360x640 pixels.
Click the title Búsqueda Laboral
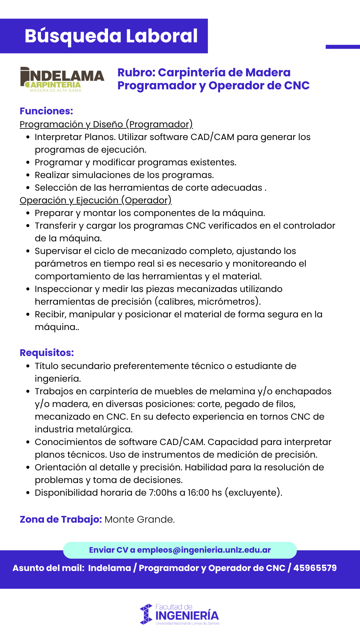(111, 36)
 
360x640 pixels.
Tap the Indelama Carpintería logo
(62, 79)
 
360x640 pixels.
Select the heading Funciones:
(46, 111)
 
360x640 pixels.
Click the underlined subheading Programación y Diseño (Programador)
(106, 124)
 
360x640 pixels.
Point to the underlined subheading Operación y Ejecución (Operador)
(95, 200)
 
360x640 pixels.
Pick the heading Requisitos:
(47, 353)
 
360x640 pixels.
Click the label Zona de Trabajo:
(61, 519)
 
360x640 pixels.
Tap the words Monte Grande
(139, 519)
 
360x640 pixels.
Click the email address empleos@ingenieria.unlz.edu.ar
(204, 550)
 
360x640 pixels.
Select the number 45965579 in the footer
(315, 568)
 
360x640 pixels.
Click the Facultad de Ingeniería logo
(180, 614)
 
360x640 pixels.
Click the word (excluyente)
(253, 493)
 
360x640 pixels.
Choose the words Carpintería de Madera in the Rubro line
(224, 72)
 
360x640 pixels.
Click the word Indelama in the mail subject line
(109, 568)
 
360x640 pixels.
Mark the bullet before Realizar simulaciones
(28, 175)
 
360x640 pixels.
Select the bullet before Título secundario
(28, 366)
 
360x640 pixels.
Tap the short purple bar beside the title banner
(343, 47)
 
